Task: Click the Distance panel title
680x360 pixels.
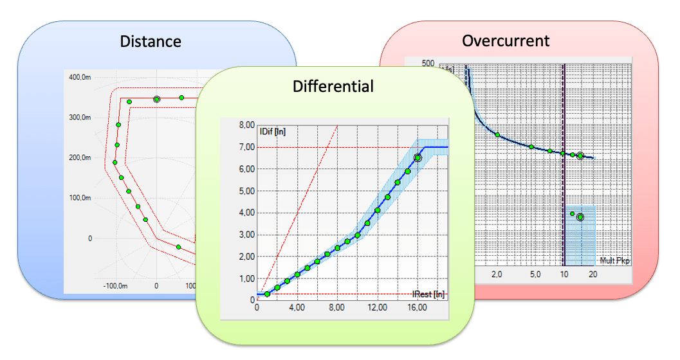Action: (x=151, y=42)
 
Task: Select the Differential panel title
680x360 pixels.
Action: (x=333, y=86)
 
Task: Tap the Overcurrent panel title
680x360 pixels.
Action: (x=506, y=41)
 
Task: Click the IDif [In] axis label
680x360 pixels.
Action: (x=272, y=132)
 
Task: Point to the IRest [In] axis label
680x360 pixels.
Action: (x=428, y=294)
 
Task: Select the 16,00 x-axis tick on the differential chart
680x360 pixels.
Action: (x=417, y=308)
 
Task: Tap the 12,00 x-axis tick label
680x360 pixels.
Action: (x=377, y=308)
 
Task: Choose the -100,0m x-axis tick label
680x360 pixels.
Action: (x=116, y=284)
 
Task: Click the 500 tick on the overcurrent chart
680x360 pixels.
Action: (x=428, y=63)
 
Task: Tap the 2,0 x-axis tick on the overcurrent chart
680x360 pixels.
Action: (x=497, y=274)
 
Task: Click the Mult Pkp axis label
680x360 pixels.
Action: (x=615, y=260)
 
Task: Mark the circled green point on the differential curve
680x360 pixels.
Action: (x=418, y=157)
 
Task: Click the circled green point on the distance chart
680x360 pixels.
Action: (x=157, y=99)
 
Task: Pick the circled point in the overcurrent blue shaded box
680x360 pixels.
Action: (x=580, y=217)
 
